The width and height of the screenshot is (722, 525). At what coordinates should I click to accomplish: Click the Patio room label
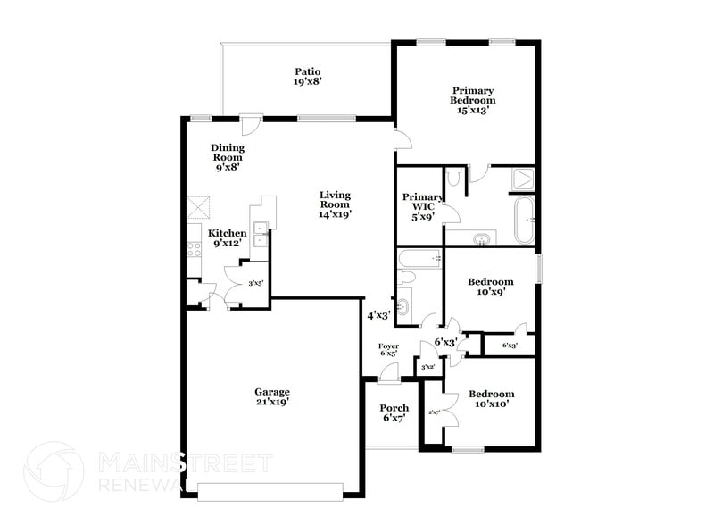coord(307,77)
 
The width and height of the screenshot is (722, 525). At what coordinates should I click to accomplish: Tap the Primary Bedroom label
coord(472,100)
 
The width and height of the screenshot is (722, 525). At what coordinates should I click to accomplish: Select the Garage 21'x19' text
coord(272,397)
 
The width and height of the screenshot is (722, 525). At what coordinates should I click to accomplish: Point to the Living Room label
coord(336,204)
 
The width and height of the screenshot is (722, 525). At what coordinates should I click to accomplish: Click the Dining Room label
coord(228,156)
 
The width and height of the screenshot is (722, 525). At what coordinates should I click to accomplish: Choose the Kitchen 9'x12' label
coord(227,238)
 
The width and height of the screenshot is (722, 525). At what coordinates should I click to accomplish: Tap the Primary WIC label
coord(422,206)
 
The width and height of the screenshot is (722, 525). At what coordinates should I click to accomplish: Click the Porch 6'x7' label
coord(394,413)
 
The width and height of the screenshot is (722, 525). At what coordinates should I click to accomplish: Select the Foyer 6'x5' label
coord(388,349)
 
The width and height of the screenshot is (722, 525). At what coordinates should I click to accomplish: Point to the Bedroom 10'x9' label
coord(491,287)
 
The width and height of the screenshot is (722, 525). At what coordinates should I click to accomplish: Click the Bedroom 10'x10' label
coord(492,399)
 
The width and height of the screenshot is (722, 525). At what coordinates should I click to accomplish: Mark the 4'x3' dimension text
coord(379,315)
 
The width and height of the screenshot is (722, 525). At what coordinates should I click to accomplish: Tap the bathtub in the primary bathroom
coord(525,220)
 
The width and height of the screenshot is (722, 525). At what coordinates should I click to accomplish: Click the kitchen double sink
coord(261,234)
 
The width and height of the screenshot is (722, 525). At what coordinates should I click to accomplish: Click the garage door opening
coord(270,490)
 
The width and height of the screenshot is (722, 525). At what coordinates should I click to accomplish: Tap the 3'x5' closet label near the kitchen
coord(254,283)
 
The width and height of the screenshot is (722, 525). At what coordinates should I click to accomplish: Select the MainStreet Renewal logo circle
coord(54,471)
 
